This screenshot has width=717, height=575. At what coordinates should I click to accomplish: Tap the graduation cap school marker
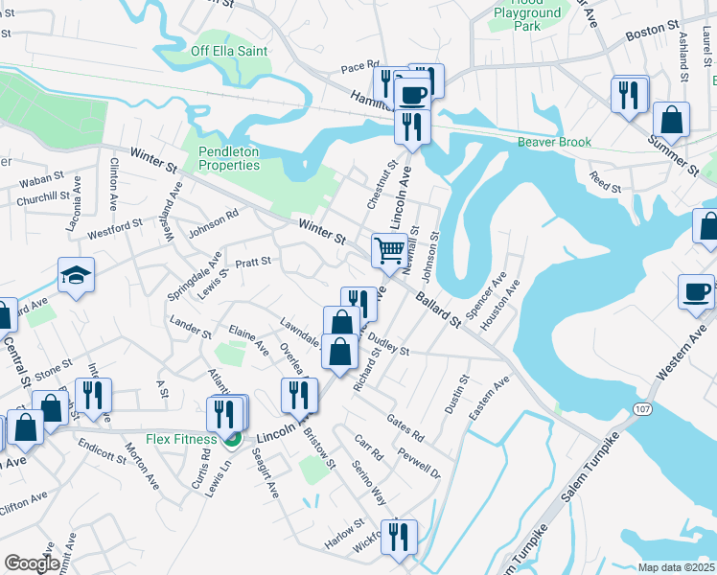76,276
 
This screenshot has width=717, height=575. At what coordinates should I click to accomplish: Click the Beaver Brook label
554,142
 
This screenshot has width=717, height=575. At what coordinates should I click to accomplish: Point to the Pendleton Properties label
229,158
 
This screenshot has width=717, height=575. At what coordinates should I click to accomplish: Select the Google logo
31,563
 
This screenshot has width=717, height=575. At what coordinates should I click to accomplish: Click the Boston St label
652,32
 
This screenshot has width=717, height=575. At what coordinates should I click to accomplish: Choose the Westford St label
115,228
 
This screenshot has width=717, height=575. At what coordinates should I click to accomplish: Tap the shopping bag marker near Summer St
671,121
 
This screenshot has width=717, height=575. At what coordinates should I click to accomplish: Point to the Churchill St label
39,200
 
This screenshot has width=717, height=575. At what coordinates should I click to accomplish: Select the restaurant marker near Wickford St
399,536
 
